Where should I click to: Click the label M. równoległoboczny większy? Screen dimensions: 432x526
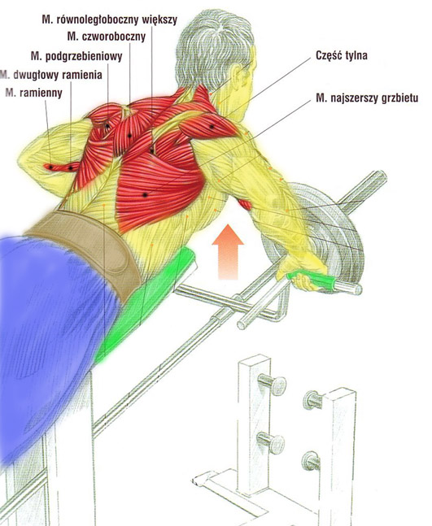(110, 20)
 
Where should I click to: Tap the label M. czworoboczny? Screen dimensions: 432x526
(107, 37)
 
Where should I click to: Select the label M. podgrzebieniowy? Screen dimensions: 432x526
(76, 56)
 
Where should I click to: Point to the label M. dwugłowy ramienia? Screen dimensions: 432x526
(51, 75)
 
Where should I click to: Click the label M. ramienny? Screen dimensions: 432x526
(34, 93)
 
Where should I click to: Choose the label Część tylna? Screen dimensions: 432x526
(342, 55)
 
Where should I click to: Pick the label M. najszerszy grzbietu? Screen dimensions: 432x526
(367, 98)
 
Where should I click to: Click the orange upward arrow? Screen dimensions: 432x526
(228, 251)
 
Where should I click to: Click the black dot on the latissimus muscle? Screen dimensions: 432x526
(145, 194)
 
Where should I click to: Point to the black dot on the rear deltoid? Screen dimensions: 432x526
(212, 127)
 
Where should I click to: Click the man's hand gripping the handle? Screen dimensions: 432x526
(302, 272)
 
